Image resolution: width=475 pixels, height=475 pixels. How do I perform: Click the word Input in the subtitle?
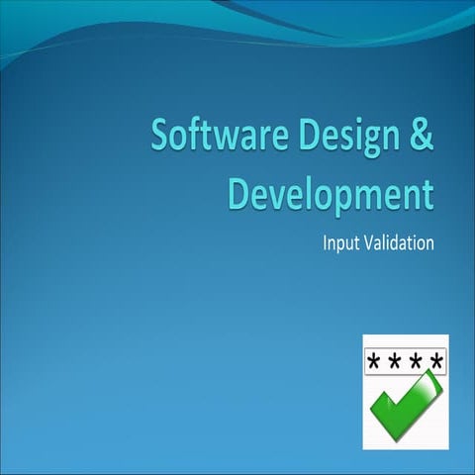339,242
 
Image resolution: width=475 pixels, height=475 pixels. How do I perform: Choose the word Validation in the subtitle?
400,241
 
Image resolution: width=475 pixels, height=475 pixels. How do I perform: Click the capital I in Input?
326,241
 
